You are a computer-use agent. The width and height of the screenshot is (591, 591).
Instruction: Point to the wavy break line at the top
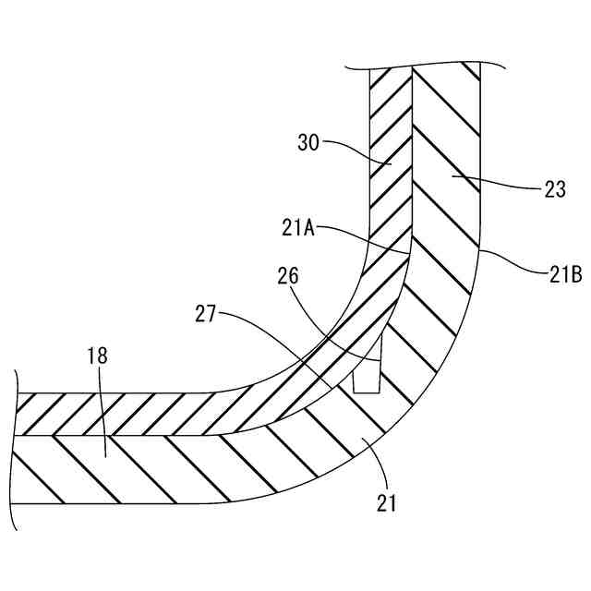[425, 66]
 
